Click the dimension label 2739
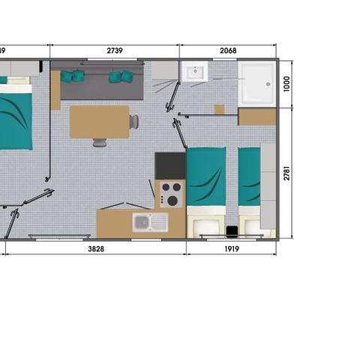click(115, 51)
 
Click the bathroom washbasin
click(193, 73)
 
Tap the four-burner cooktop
click(170, 193)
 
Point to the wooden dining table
click(99, 121)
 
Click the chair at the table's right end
click(133, 121)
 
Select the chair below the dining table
click(99, 142)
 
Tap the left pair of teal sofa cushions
click(72, 76)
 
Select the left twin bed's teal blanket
click(205, 175)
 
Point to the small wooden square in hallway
click(219, 109)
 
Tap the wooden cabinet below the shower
click(257, 117)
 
